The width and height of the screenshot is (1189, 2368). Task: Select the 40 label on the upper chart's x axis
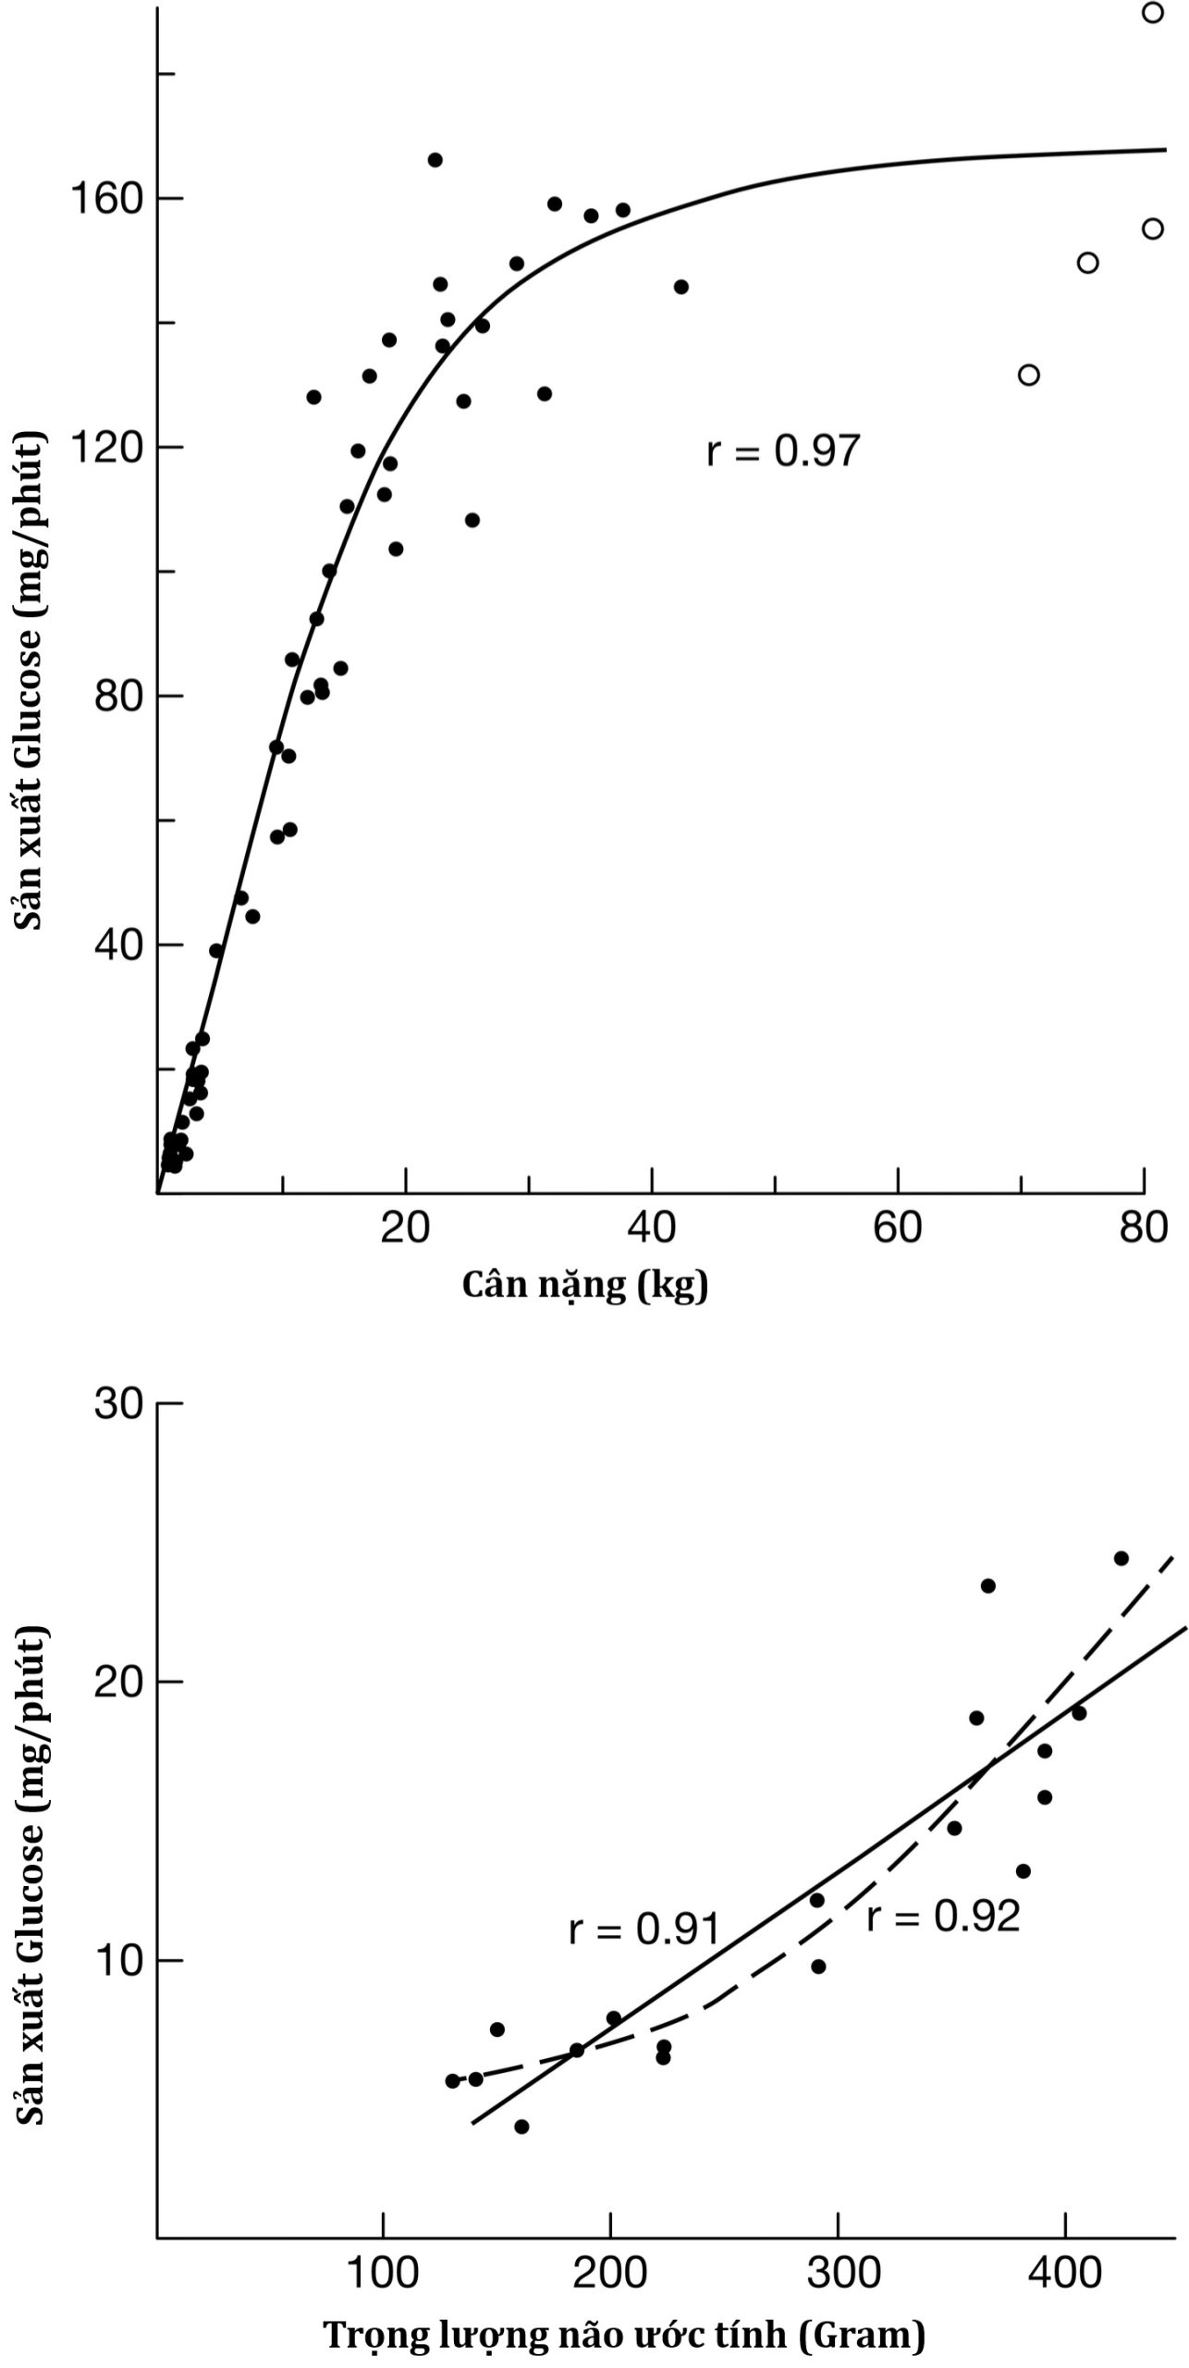click(652, 1228)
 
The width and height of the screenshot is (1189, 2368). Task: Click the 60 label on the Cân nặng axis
click(898, 1228)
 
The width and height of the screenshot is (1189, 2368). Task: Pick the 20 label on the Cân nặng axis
click(405, 1228)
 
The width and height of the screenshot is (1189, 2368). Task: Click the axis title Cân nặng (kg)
click(584, 1285)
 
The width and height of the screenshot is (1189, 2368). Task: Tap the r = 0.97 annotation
click(783, 451)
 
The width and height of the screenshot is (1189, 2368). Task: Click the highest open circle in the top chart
click(1152, 13)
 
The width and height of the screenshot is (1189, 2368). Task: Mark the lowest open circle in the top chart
click(1028, 375)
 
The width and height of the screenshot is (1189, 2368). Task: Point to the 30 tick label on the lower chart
click(118, 1403)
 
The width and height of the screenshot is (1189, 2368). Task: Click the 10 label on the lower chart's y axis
click(118, 1960)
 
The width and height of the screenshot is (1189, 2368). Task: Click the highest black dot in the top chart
click(435, 160)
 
